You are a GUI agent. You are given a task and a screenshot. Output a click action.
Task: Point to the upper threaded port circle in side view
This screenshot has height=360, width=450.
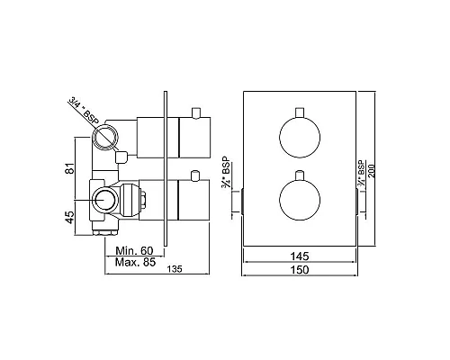coord(106,138)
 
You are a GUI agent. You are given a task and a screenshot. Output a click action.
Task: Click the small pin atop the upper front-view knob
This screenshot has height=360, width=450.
coord(299,113)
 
